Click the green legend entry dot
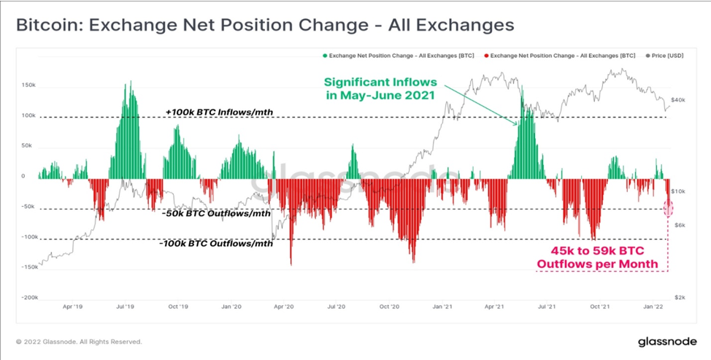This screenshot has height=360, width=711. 324,55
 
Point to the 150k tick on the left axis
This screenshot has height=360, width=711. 28,85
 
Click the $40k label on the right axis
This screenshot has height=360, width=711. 678,100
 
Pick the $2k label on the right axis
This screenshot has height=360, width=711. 680,297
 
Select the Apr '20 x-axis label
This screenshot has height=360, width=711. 284,307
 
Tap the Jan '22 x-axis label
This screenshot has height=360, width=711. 653,307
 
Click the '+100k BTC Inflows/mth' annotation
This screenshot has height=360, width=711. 220,112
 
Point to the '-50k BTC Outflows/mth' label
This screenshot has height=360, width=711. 216,213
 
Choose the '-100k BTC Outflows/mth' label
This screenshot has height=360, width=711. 216,244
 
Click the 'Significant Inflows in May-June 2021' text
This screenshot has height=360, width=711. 380,89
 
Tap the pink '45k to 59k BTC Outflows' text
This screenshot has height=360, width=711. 598,257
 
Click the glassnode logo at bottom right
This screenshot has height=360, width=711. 667,342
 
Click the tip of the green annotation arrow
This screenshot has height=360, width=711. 518,126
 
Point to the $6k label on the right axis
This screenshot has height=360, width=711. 680,226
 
